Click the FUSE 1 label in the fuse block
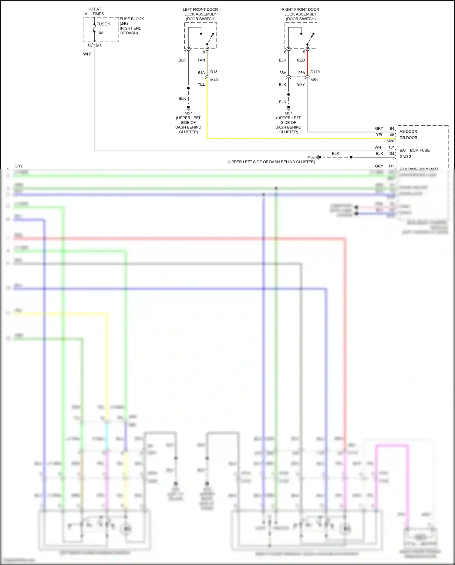point(103,24)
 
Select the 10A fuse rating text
point(100,33)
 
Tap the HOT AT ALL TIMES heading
point(94,12)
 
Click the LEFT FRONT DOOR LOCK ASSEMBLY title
point(200,14)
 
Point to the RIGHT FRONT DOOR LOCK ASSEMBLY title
point(300,14)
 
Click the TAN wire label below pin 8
point(201,60)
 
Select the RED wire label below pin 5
point(301,60)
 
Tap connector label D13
point(214,72)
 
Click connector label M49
point(214,80)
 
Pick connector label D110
point(315,72)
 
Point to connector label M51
point(314,80)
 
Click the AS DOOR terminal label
point(408,131)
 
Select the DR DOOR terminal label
point(408,138)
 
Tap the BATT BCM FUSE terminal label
point(414,150)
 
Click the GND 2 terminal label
point(405,157)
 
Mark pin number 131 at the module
point(391,147)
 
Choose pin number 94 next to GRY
point(392,128)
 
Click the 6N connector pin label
point(90,46)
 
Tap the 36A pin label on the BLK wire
point(283,73)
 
